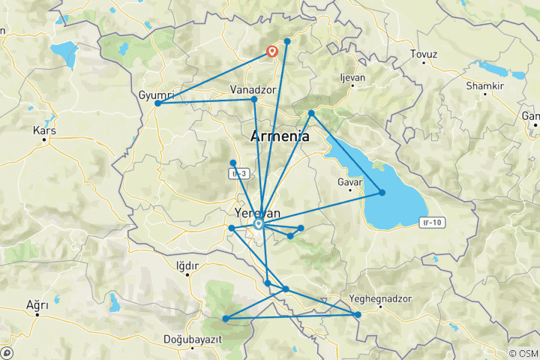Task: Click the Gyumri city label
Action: [157, 94]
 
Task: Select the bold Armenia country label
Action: [278, 136]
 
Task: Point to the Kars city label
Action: [44, 130]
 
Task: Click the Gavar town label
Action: [350, 182]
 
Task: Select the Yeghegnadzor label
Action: [381, 299]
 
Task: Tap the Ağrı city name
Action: [37, 305]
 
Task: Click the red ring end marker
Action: [272, 52]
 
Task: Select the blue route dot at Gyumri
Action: [157, 103]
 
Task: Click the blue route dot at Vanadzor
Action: [254, 99]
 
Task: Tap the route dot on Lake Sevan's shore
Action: [382, 193]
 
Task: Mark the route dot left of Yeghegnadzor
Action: [358, 314]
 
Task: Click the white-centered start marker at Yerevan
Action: [259, 223]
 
